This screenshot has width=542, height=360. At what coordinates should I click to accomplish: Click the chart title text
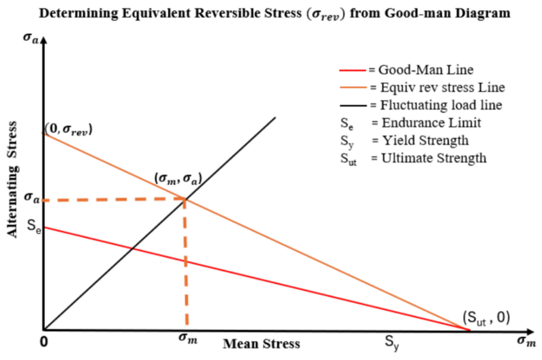(x=275, y=14)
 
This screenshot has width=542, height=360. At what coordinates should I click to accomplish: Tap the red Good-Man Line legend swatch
(x=352, y=71)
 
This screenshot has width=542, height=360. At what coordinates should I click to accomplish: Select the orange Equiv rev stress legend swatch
(x=352, y=88)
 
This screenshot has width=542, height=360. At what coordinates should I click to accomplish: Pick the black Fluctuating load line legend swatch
(x=352, y=105)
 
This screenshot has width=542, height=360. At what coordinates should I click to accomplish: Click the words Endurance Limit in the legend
(x=431, y=122)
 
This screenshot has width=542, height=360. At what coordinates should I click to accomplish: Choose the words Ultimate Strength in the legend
(x=434, y=158)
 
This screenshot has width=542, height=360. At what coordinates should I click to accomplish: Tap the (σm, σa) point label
(x=178, y=179)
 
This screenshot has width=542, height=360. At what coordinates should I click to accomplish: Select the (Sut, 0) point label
(x=486, y=318)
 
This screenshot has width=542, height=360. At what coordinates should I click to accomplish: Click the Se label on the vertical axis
(x=34, y=226)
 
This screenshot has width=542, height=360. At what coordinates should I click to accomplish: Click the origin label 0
(x=44, y=342)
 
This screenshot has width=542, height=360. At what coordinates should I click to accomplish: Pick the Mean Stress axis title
(x=261, y=344)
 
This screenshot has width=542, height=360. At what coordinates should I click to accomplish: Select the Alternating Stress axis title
(x=12, y=180)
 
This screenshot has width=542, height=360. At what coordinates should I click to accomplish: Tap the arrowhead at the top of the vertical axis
(x=44, y=40)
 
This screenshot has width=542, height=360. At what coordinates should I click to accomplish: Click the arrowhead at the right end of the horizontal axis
(x=529, y=331)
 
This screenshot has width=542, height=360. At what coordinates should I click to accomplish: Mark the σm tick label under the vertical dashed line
(x=188, y=337)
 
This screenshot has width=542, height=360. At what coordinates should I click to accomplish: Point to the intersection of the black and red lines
(x=132, y=248)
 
